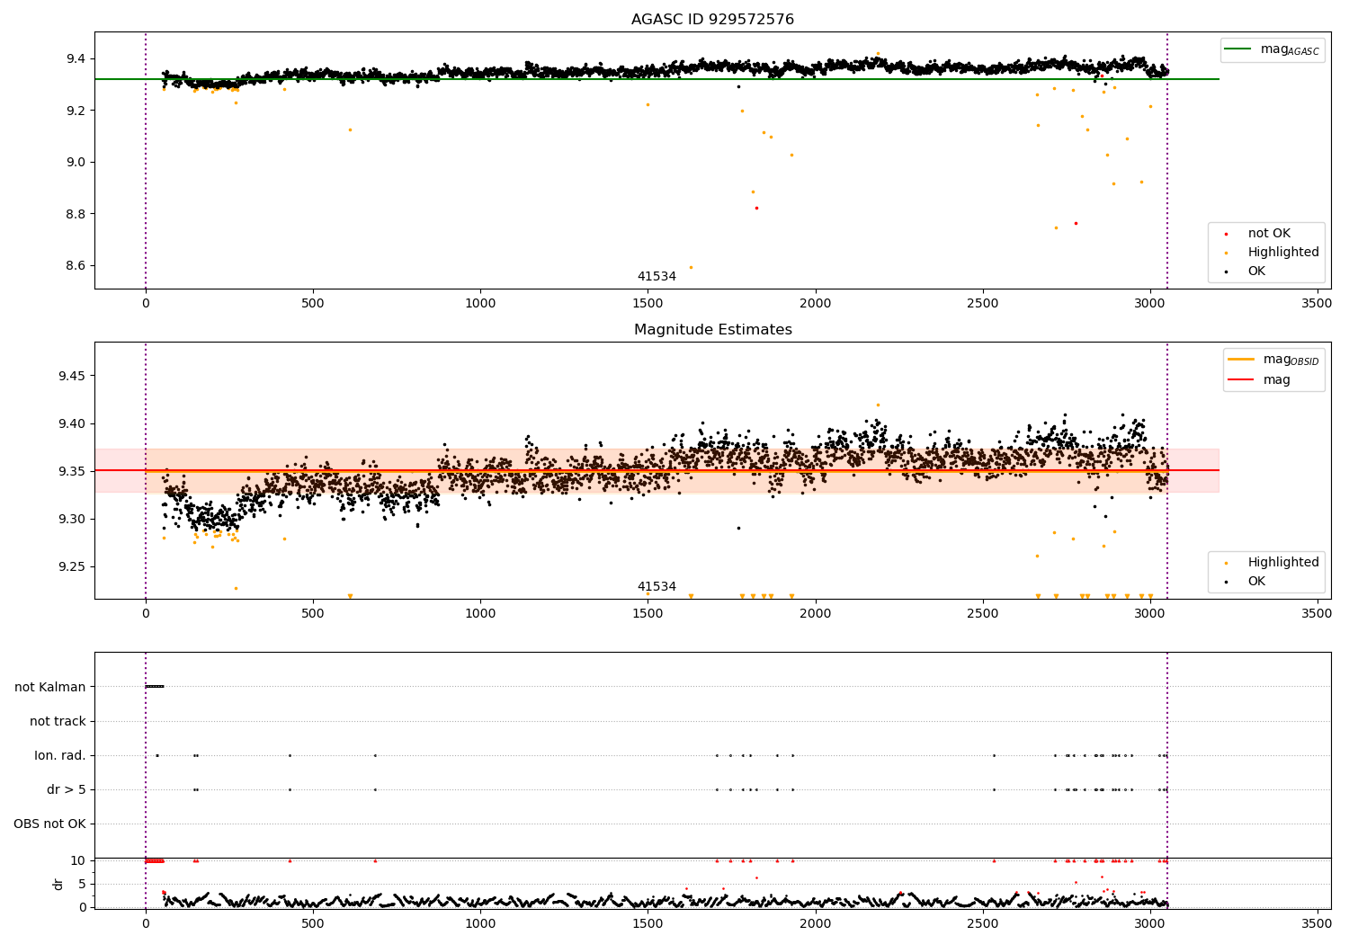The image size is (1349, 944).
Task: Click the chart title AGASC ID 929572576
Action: click(712, 19)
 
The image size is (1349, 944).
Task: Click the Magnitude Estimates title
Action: click(712, 329)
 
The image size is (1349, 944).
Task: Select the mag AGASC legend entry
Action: click(1273, 49)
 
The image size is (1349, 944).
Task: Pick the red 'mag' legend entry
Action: click(1259, 380)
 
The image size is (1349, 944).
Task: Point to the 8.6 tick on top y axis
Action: click(76, 265)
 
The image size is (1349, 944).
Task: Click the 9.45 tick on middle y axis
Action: click(72, 376)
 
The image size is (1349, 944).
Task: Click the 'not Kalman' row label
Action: click(50, 687)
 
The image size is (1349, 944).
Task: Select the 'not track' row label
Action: click(58, 721)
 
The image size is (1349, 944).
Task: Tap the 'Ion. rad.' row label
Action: click(59, 755)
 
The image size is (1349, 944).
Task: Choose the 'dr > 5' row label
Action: click(67, 789)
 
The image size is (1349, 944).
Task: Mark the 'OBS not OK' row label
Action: click(50, 824)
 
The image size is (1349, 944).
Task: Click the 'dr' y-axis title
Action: click(58, 885)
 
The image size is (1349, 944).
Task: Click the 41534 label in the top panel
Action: click(657, 276)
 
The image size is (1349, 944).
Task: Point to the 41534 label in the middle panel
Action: click(657, 586)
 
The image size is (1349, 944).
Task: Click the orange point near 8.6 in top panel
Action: click(691, 267)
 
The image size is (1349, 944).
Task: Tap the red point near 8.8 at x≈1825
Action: click(756, 209)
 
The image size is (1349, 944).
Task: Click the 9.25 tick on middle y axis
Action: click(72, 566)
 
